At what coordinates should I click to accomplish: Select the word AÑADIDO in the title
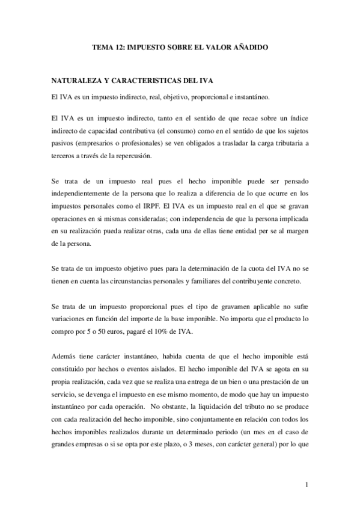248,46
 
